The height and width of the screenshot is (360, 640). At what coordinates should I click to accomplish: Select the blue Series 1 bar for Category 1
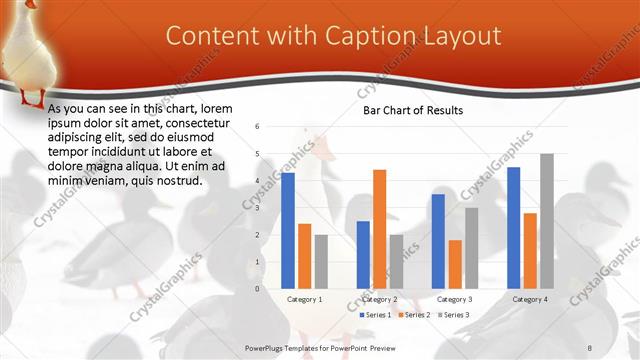pos(288,230)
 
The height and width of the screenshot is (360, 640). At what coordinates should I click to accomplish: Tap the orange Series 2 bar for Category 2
pos(379,229)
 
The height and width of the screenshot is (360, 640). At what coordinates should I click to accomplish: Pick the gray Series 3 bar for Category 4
pos(546,221)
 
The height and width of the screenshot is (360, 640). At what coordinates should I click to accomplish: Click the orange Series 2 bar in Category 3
pos(455,264)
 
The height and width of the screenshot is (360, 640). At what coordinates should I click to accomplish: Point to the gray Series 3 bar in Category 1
pos(321,261)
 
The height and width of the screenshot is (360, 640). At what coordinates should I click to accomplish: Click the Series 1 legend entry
pos(375,315)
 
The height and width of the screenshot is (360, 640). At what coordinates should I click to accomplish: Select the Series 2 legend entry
pos(414,315)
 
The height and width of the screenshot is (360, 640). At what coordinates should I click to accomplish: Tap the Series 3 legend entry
pos(452,315)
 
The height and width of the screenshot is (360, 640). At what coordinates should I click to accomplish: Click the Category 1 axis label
pos(304,299)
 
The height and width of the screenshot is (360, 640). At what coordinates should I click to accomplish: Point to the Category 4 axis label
pos(530,299)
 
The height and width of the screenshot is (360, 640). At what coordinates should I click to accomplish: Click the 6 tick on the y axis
pos(257,127)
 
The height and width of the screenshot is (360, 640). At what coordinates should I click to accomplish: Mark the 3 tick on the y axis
pos(257,208)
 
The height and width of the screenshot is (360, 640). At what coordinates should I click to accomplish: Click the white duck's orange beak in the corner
pos(30,4)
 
